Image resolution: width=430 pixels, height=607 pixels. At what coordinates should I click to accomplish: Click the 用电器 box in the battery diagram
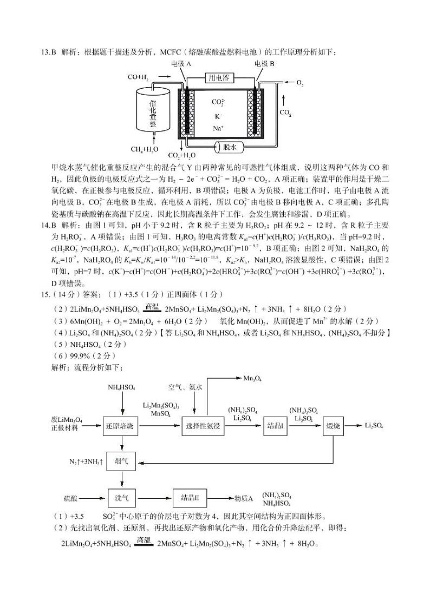coord(219,78)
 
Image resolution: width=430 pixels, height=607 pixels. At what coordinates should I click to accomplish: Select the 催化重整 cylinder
coord(153,111)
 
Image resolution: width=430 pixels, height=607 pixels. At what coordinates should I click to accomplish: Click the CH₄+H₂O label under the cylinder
coord(145,149)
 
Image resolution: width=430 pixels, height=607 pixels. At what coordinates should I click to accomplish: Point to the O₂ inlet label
coord(299,83)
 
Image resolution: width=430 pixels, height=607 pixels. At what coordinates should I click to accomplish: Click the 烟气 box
coord(121,461)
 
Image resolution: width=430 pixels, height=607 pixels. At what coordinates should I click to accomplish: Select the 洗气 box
coord(121,496)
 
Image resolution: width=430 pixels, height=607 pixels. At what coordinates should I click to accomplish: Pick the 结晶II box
coord(191,496)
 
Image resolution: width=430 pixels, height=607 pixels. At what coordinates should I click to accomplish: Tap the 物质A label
coord(244,497)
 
